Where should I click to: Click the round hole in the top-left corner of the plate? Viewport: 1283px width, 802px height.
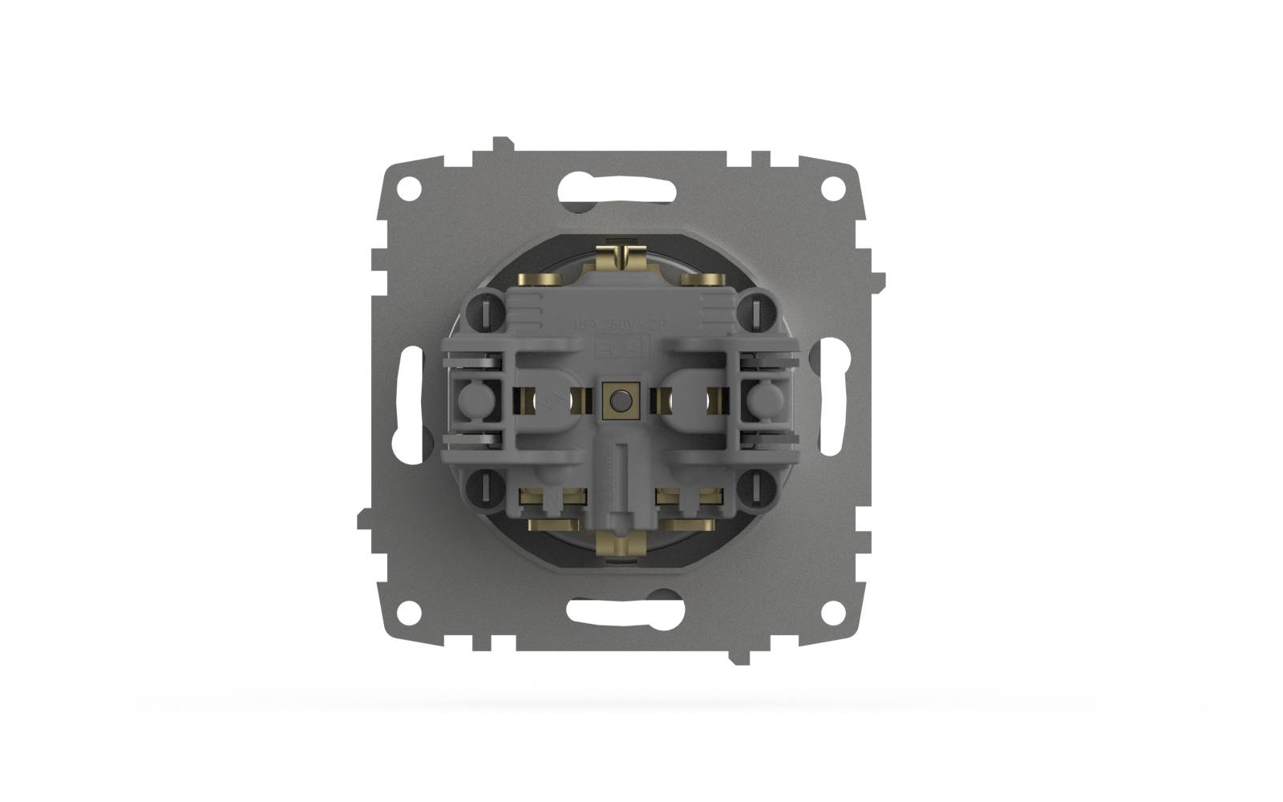point(409,189)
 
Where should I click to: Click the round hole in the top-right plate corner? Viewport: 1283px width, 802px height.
point(834,189)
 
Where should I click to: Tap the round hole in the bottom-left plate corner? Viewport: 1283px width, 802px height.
point(409,611)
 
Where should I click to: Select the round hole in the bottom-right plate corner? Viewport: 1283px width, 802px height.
point(834,611)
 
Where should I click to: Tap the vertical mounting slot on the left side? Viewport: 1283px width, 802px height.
point(408,399)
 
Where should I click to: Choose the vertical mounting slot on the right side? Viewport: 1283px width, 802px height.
point(831,399)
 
